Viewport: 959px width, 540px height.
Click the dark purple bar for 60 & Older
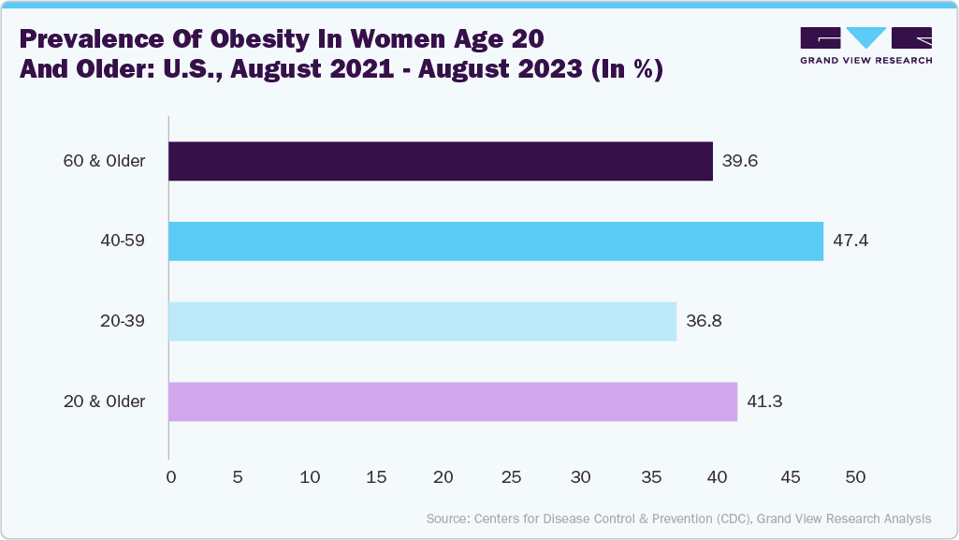[x=440, y=161]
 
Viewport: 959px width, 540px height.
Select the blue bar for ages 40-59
[x=495, y=241]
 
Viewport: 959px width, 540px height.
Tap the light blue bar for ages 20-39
[x=422, y=321]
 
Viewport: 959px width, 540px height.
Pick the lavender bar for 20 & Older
[x=452, y=401]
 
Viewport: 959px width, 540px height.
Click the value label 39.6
[x=739, y=161]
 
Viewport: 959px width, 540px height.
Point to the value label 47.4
[x=850, y=241]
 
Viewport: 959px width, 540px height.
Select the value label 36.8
[x=703, y=321]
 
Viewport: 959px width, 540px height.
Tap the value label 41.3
[x=764, y=401]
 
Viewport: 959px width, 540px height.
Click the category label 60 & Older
[x=104, y=161]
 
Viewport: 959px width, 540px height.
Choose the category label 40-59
[x=124, y=241]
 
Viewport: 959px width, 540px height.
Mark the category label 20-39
[x=124, y=321]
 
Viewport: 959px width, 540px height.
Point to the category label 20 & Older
[x=104, y=401]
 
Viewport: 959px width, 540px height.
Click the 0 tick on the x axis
[x=170, y=477]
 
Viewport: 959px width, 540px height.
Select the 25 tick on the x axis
[x=512, y=477]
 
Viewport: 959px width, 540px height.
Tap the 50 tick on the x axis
[x=855, y=477]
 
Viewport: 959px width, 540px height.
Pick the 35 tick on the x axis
[x=649, y=477]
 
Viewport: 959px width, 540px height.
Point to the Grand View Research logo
[x=865, y=45]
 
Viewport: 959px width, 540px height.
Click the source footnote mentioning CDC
[x=678, y=518]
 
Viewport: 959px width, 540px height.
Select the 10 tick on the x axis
[x=306, y=477]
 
